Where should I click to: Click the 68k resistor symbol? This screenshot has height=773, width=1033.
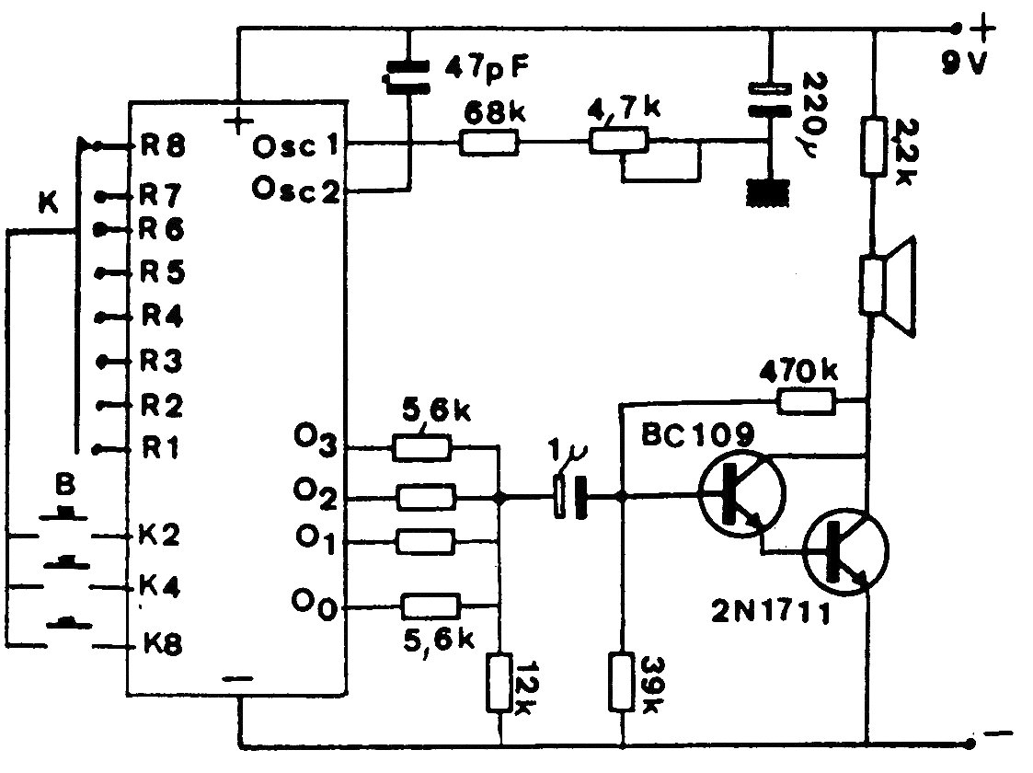click(488, 143)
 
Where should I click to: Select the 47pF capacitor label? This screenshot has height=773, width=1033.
click(487, 67)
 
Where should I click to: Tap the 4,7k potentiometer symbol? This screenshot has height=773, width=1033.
click(618, 141)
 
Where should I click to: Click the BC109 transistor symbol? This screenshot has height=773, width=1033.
click(741, 494)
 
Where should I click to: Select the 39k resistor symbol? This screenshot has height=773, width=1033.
click(621, 681)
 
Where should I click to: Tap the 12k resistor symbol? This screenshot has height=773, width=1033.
click(499, 683)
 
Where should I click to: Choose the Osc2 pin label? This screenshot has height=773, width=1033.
click(295, 190)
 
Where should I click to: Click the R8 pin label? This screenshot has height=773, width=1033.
click(163, 145)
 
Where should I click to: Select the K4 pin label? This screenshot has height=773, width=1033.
click(160, 586)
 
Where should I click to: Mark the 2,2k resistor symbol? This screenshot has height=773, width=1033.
click(874, 146)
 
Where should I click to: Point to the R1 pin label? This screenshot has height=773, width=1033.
click(161, 449)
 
